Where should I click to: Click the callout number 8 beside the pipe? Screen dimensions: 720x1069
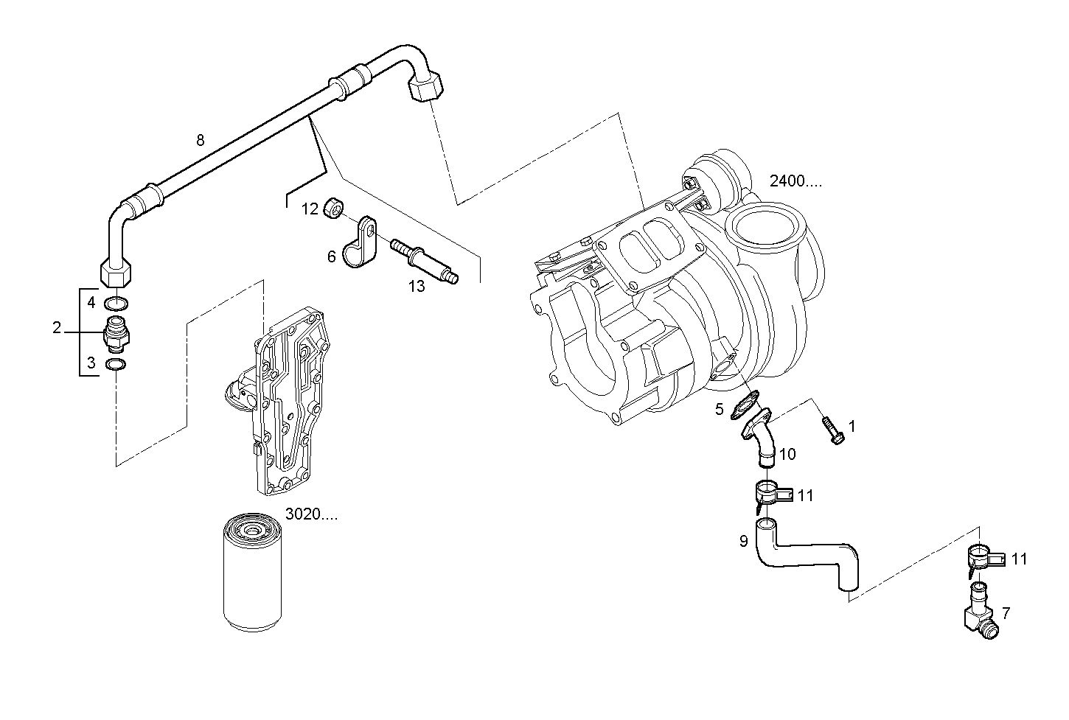pyautogui.click(x=200, y=140)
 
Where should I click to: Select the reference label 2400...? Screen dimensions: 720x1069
pyautogui.click(x=795, y=181)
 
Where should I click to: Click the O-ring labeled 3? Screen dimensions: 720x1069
pyautogui.click(x=116, y=365)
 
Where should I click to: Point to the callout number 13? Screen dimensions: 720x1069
pyautogui.click(x=417, y=287)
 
